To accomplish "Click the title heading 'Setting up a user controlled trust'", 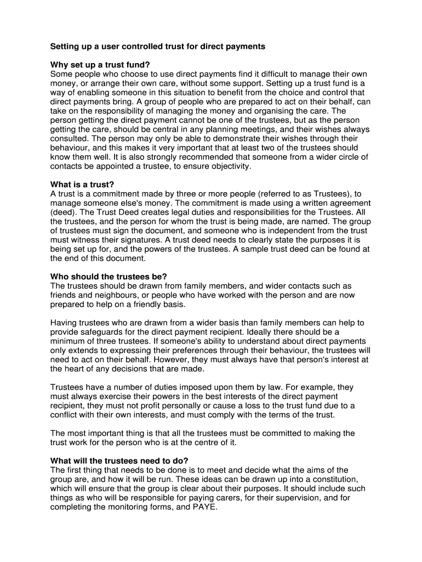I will coord(158,47).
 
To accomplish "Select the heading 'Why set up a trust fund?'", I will coord(100,65).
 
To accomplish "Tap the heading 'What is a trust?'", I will coord(82,184).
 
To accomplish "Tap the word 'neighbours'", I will coord(109,295).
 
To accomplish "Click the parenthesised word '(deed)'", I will coord(65,212).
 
